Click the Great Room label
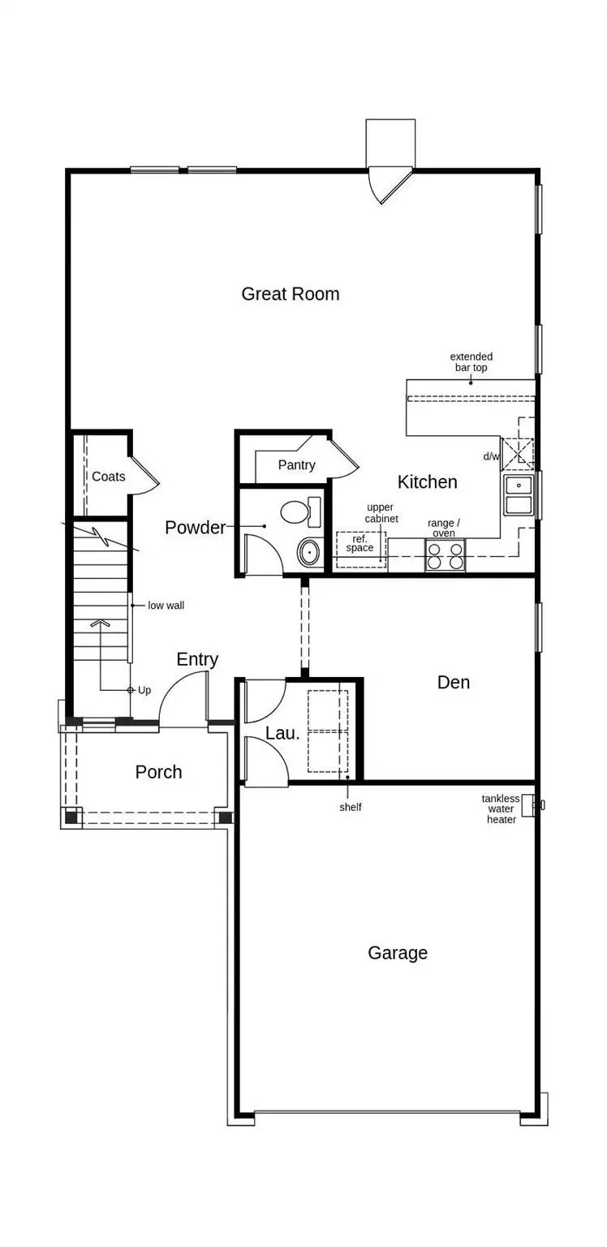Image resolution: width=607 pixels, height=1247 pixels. tap(291, 294)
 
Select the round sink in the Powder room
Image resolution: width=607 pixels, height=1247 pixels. tap(309, 553)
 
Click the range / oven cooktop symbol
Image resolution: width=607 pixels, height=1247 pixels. tap(445, 555)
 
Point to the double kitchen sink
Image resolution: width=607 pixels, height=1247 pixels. tap(519, 495)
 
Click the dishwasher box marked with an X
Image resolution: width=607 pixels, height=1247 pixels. tap(518, 454)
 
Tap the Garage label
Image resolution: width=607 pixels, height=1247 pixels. tap(398, 952)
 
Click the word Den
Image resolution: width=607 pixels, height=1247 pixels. tap(453, 682)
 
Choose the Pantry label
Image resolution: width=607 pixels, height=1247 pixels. tap(296, 465)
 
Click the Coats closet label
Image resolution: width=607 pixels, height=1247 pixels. tap(108, 477)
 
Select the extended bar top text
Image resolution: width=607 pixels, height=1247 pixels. tap(471, 362)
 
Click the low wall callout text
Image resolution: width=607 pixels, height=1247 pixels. tap(166, 605)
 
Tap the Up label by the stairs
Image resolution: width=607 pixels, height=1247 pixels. tap(144, 690)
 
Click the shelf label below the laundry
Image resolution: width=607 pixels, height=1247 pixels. tap(351, 807)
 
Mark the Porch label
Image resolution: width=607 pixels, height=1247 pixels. tap(158, 772)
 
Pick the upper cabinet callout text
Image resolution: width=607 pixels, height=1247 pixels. tap(381, 513)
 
